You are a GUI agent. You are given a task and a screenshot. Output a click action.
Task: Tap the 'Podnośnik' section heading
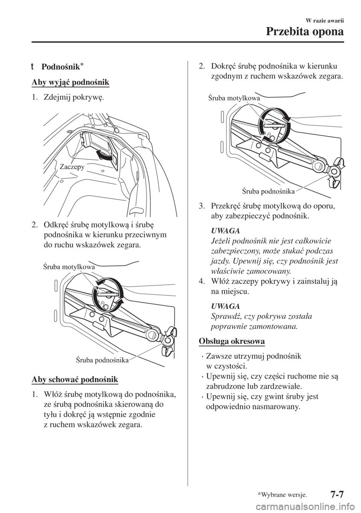[x=62, y=67]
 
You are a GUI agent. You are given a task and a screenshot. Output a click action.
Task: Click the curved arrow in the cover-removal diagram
[x=103, y=155]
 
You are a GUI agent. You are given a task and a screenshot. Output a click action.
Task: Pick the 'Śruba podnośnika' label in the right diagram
[x=268, y=191]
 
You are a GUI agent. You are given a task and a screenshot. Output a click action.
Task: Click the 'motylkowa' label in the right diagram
[x=242, y=99]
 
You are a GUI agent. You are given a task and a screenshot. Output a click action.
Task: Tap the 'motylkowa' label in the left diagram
[x=77, y=267]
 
